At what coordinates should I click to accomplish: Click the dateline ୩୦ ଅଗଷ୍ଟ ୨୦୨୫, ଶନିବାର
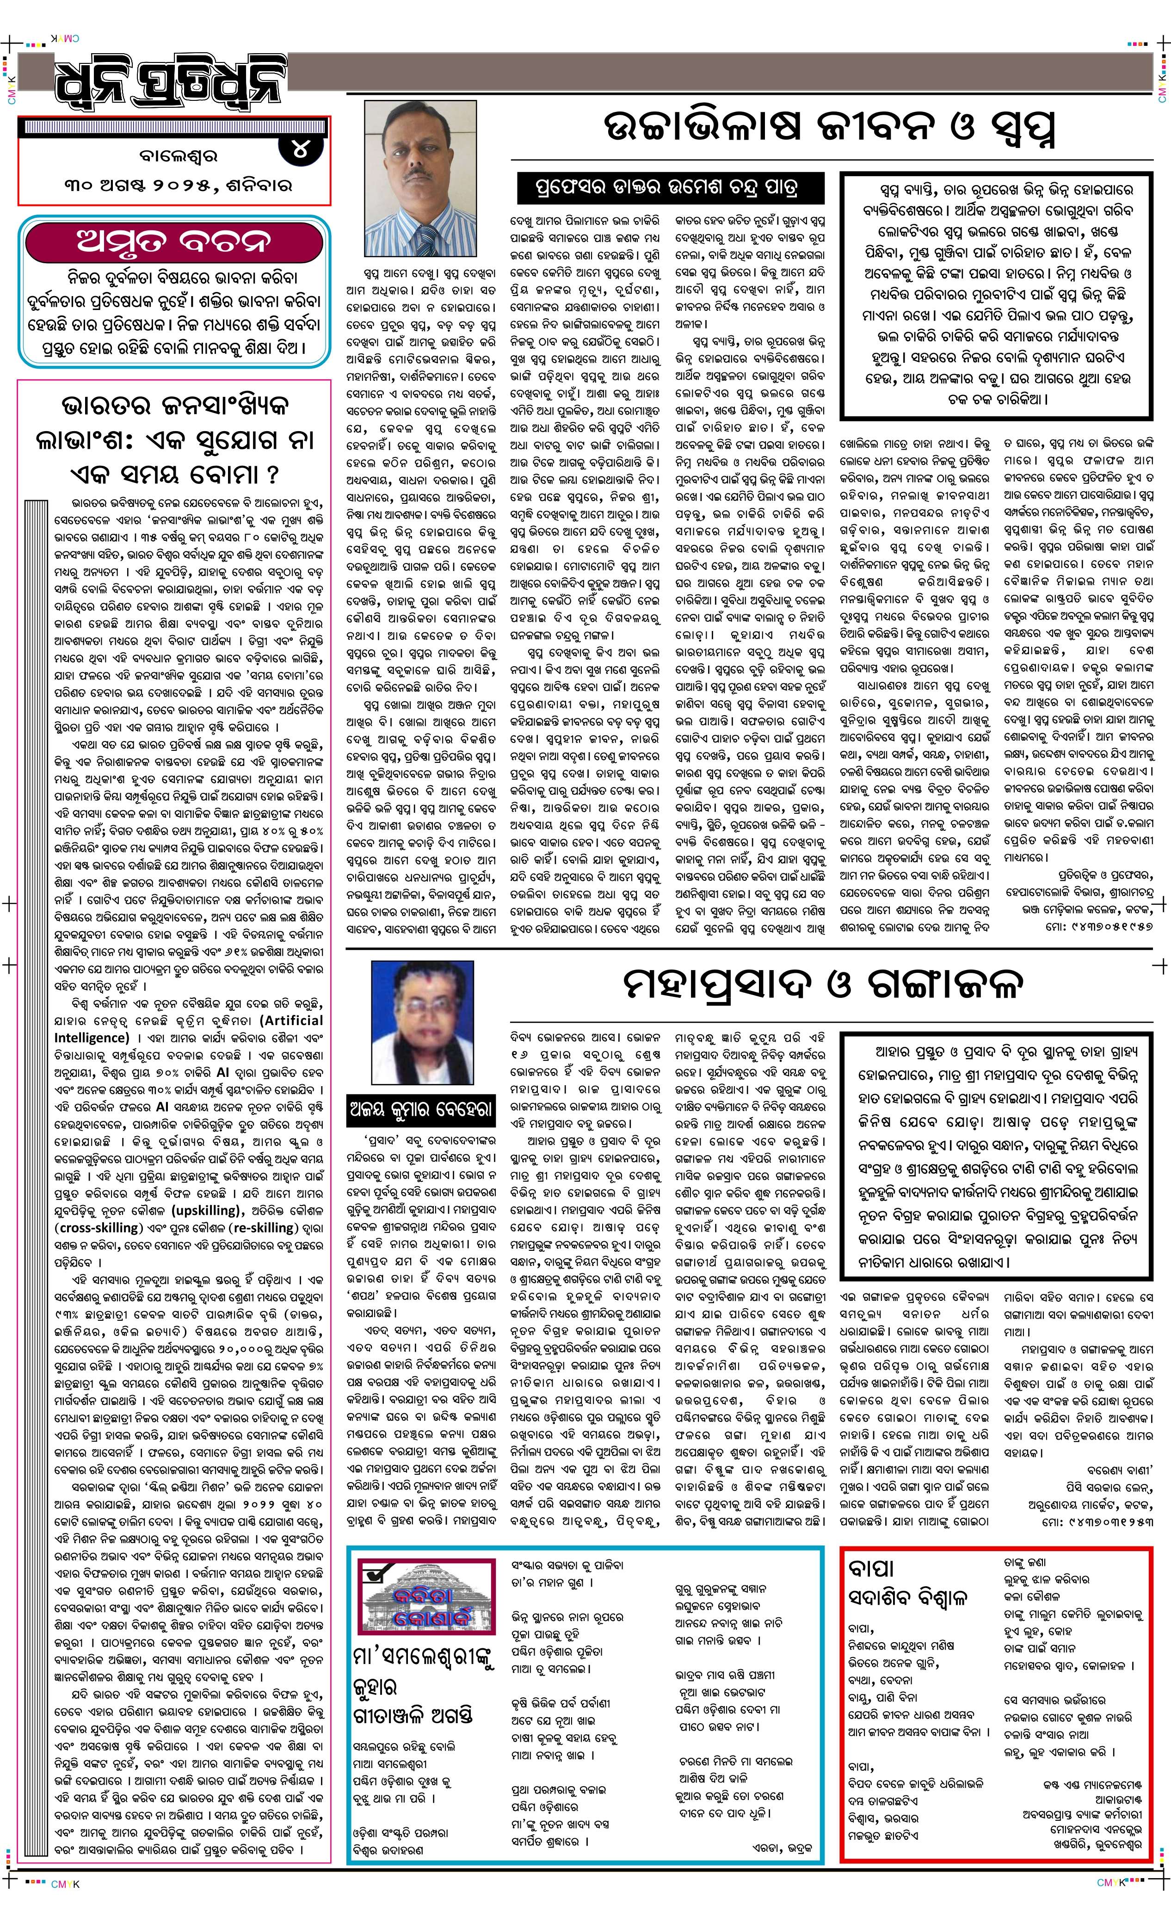click(x=179, y=186)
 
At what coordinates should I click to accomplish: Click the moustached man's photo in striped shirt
click(x=420, y=178)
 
